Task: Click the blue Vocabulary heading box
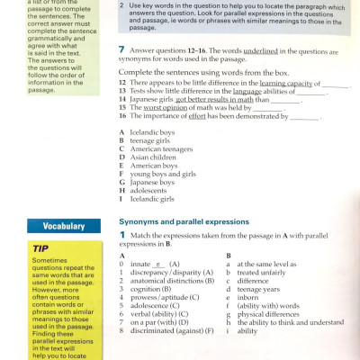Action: pos(55,226)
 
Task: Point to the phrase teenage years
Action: pos(260,289)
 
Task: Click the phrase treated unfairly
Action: pos(263,273)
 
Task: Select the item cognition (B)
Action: pos(154,289)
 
